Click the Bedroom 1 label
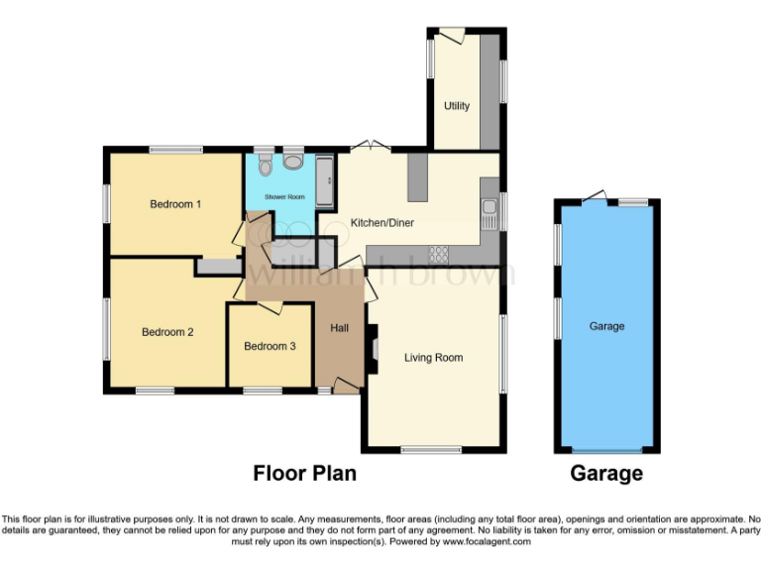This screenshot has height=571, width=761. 175,204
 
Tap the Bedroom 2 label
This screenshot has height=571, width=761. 166,332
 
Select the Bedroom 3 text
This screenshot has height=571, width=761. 270,346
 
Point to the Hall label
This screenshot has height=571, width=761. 339,328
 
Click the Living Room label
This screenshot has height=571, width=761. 433,357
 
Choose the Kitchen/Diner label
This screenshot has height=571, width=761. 381,223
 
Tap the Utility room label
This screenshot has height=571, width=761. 456,106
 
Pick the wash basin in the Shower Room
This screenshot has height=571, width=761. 293,163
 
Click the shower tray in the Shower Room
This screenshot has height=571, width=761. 325,180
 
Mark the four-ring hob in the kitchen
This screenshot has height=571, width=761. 438,254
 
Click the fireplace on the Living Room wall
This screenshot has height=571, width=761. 373,350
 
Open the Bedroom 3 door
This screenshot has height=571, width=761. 270,309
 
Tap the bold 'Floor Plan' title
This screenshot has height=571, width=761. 304,473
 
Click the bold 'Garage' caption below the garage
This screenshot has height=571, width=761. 606,473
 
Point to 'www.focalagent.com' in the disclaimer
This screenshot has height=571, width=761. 487,542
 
